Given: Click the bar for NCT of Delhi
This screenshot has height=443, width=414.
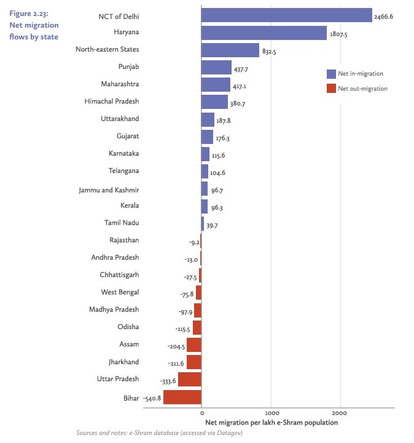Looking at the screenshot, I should [x=286, y=15].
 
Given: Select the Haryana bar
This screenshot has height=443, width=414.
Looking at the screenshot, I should [x=264, y=33].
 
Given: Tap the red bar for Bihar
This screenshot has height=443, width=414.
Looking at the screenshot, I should [x=182, y=397].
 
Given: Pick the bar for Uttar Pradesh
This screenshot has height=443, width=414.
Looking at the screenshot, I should [x=190, y=379].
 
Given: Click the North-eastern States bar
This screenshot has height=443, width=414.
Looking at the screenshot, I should [x=230, y=50].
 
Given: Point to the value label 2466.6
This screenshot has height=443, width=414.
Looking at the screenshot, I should [x=384, y=17].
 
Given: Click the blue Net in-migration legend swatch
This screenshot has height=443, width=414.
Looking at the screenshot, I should [x=331, y=74].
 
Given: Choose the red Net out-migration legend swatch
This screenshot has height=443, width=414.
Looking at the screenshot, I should [x=331, y=89].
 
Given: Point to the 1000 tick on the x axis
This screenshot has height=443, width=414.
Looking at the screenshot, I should [x=271, y=413].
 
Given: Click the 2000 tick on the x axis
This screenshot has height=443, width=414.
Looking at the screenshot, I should [x=341, y=413].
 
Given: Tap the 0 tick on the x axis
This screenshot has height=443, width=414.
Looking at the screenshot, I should [x=201, y=413].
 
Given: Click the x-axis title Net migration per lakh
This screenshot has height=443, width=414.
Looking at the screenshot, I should [x=270, y=423].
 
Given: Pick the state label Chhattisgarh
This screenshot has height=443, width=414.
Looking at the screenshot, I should [x=119, y=275].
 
